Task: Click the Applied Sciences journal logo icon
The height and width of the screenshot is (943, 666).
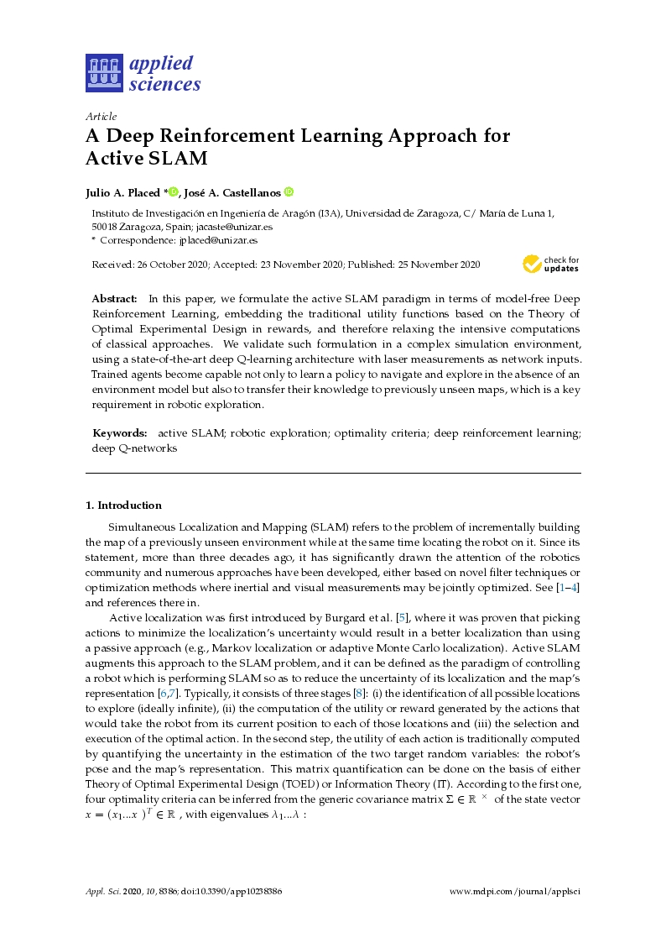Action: point(103,73)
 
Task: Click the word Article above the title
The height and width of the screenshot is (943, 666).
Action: point(101,116)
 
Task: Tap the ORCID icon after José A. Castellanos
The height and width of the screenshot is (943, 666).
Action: point(289,191)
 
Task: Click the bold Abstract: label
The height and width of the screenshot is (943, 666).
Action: point(114,298)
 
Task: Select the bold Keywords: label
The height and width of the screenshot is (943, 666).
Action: point(120,432)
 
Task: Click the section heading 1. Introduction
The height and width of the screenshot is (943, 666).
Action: point(123,506)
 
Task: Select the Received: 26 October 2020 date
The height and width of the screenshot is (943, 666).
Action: point(147,265)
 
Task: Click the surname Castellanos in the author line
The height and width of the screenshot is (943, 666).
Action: point(252,192)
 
